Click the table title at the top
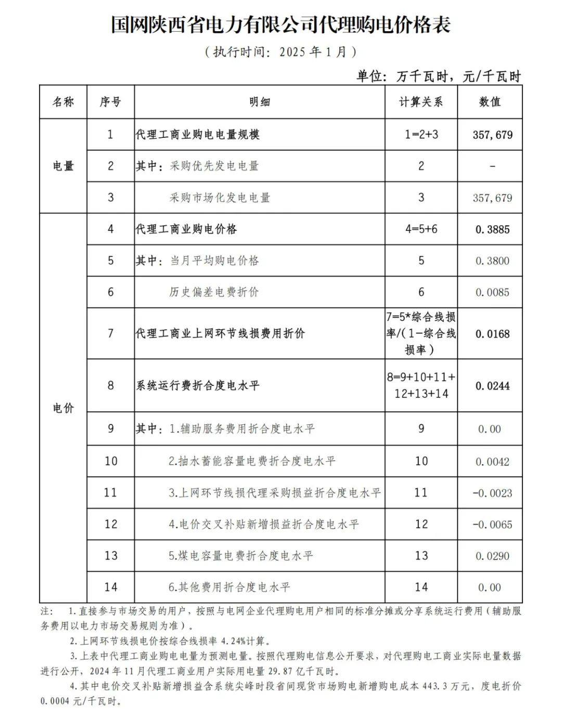pos(280,24)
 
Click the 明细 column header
pos(260,102)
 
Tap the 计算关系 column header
pos(421,102)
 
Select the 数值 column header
pos(490,102)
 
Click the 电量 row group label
pos(63,166)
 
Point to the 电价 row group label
pos(63,408)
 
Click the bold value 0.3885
pos(492,229)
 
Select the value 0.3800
pos(492,261)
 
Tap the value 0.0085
pos(492,292)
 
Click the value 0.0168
pos(492,334)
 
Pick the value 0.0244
pos(492,386)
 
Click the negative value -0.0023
pos(492,493)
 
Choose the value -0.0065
pos(492,524)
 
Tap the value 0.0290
pos(492,556)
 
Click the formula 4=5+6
pos(421,229)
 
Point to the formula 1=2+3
pos(421,134)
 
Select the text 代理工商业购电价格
pos(186,229)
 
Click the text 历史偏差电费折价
pos(214,292)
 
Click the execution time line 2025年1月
pos(280,51)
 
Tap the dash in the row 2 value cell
pos(492,166)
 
